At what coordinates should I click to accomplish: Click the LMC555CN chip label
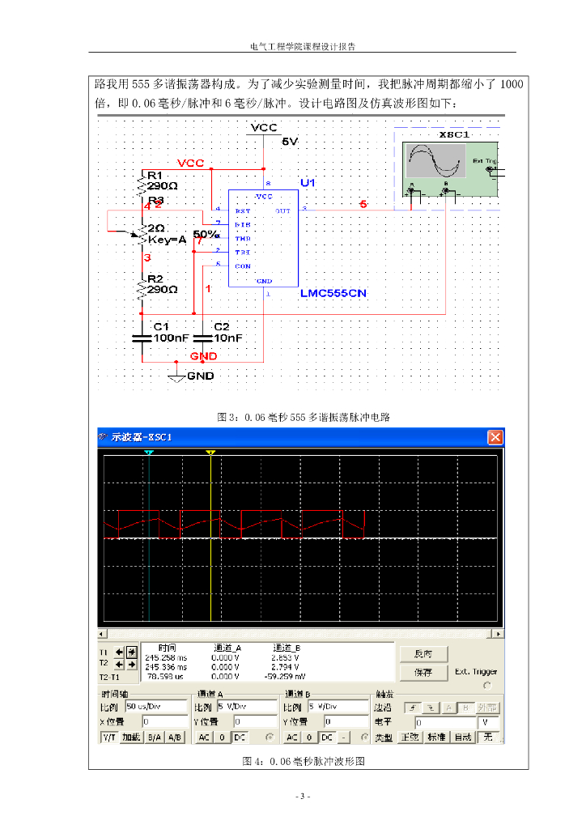pos(333,293)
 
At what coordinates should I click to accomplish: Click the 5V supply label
pos(290,142)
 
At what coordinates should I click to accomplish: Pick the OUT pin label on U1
pos(282,210)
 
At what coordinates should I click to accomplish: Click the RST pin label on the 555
pos(242,210)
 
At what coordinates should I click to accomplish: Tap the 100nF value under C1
pos(170,338)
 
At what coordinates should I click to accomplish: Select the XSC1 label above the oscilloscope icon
pos(453,134)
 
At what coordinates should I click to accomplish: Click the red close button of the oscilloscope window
pos(495,437)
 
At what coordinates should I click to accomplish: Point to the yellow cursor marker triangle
pos(210,453)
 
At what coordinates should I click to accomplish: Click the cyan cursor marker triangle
pos(148,453)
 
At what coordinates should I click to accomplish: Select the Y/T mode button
pos(108,738)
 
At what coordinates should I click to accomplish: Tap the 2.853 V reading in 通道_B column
pos(288,658)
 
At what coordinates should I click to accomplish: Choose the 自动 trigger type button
pos(463,738)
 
